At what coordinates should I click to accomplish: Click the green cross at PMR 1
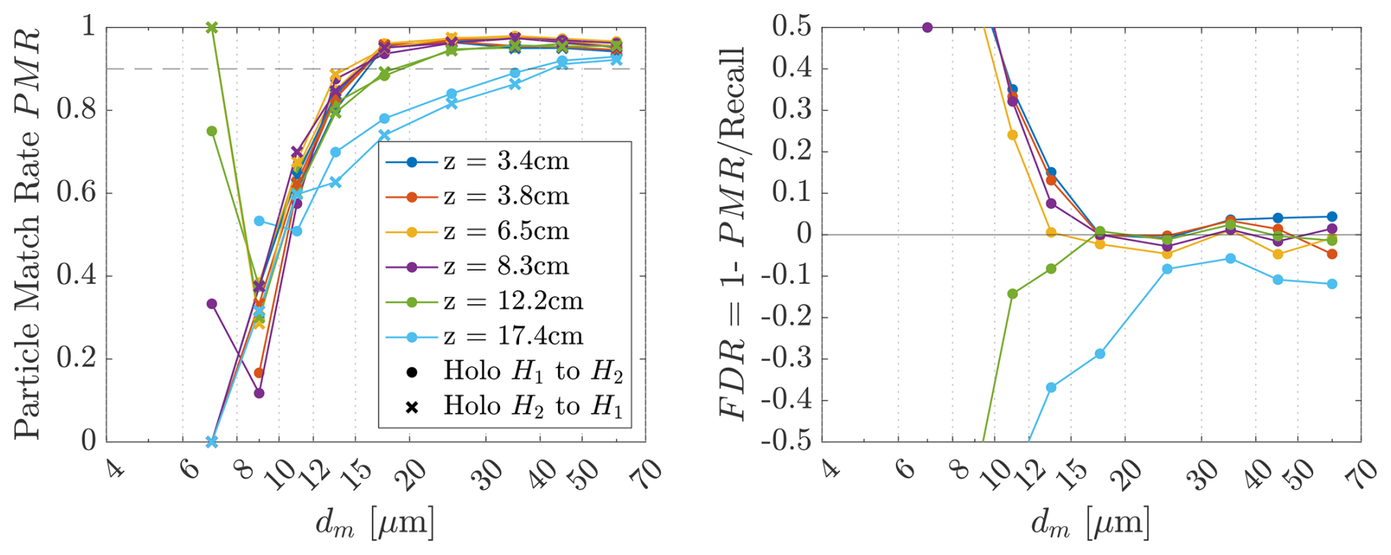[x=212, y=27]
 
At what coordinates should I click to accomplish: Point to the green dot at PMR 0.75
[x=212, y=131]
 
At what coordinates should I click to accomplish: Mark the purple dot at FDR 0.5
[x=927, y=27]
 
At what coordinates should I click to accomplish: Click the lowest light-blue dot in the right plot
[x=1051, y=387]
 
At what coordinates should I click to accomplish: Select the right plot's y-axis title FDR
[x=732, y=234]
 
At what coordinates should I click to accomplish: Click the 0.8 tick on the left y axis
[x=77, y=110]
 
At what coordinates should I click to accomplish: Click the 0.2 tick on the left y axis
[x=77, y=359]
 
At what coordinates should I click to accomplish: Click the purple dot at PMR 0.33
[x=212, y=304]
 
